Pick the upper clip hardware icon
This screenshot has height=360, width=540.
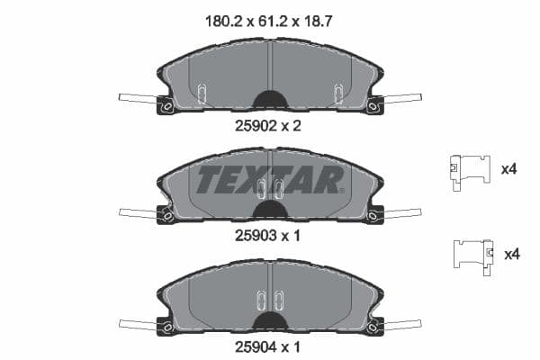470,168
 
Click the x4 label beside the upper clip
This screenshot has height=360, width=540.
508,168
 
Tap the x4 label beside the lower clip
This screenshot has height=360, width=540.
512,254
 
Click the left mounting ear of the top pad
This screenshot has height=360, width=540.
166,105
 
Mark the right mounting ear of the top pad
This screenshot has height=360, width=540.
373,105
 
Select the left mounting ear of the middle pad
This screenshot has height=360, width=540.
166,214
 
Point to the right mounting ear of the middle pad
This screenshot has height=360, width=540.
373,214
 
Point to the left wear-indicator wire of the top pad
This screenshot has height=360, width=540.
137,98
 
